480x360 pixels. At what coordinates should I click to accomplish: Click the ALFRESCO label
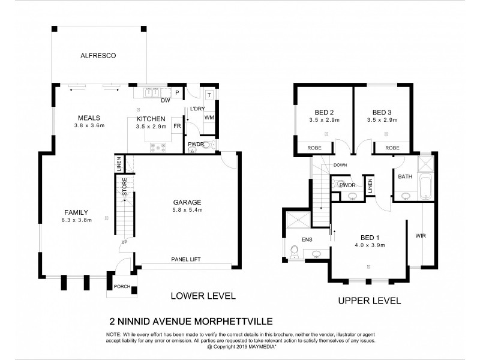pyautogui.click(x=98, y=55)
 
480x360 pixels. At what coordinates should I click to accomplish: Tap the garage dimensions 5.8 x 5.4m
pyautogui.click(x=187, y=210)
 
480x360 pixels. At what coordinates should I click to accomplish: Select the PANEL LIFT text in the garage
pyautogui.click(x=185, y=259)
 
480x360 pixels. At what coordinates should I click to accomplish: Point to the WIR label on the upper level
pyautogui.click(x=420, y=236)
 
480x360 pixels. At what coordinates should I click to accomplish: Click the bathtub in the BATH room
pyautogui.click(x=425, y=187)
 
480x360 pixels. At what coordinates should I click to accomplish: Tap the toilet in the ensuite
pyautogui.click(x=294, y=255)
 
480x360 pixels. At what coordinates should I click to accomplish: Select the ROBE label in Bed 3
pyautogui.click(x=392, y=148)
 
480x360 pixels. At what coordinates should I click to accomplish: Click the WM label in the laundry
pyautogui.click(x=209, y=117)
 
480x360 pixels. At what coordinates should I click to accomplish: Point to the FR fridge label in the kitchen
pyautogui.click(x=178, y=127)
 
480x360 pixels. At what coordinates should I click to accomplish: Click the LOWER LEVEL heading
pyautogui.click(x=203, y=296)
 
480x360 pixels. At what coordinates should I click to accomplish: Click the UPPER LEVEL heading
pyautogui.click(x=369, y=301)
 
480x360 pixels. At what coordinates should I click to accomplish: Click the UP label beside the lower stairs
pyautogui.click(x=124, y=242)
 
